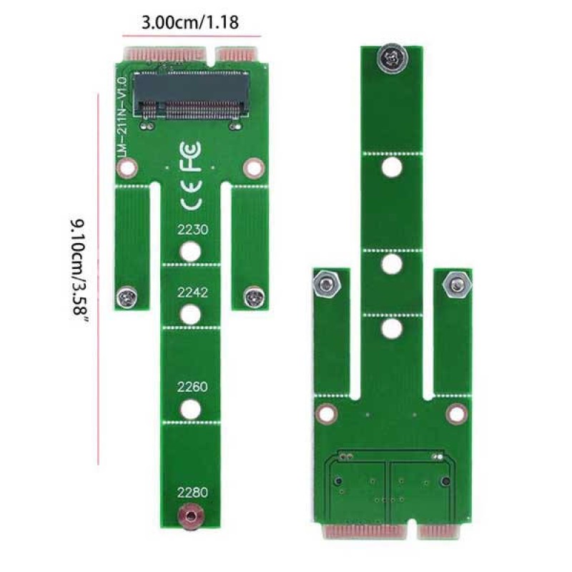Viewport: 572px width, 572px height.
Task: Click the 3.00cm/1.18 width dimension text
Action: tap(190, 22)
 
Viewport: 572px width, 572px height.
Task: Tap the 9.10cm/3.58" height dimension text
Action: tap(79, 272)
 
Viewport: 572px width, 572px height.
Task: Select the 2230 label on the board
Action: tap(192, 230)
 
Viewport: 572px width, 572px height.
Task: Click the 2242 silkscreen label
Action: tap(192, 292)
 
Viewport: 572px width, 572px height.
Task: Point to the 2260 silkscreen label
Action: tap(192, 387)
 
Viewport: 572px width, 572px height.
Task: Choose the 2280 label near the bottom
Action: tap(192, 493)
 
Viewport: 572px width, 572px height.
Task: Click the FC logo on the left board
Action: tap(190, 156)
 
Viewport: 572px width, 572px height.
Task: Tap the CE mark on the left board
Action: tap(191, 195)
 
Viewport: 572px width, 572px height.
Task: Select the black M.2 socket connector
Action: tap(191, 96)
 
